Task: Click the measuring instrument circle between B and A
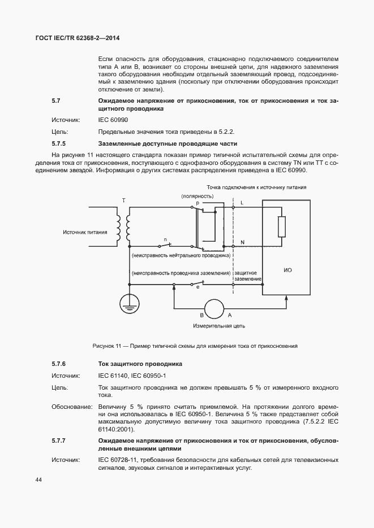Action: tap(215, 308)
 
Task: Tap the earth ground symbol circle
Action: tap(130, 303)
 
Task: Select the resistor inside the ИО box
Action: tap(281, 226)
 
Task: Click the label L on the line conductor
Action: tap(242, 202)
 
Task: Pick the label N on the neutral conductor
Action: tap(242, 242)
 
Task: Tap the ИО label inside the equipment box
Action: tap(287, 270)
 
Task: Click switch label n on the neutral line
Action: tap(165, 240)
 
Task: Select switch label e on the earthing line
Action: tap(197, 288)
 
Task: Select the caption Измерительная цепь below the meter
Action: tap(217, 326)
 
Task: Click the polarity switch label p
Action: tap(197, 202)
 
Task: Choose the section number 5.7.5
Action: tap(59, 143)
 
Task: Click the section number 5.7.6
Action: tap(59, 364)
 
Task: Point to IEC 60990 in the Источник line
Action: tap(113, 120)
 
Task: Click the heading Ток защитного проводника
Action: tap(140, 364)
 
